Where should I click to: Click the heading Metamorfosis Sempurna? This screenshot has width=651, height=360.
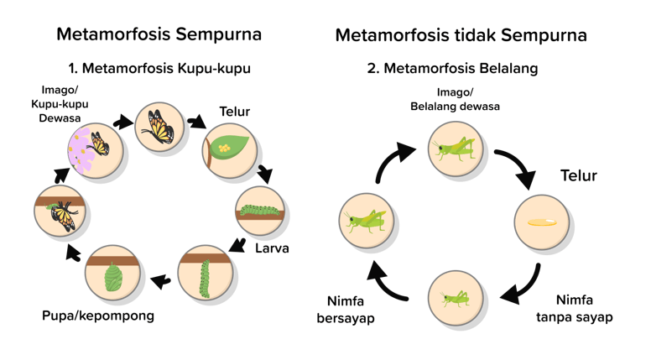click(159, 34)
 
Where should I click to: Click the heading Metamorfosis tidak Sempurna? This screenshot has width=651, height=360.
click(461, 35)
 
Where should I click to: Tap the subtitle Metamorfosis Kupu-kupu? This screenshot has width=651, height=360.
click(159, 68)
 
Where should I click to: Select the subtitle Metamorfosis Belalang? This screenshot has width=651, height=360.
click(452, 68)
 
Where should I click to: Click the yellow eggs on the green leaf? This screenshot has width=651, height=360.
click(224, 147)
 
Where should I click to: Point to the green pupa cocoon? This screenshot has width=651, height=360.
click(112, 276)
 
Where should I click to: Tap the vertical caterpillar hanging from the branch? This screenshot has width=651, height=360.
click(204, 277)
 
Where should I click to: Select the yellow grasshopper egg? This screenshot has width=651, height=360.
click(541, 222)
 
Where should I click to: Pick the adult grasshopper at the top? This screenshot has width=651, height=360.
click(456, 149)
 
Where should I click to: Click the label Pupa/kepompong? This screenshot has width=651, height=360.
click(98, 316)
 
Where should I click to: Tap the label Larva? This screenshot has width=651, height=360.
click(272, 248)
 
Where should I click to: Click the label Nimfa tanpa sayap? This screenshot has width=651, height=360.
click(575, 308)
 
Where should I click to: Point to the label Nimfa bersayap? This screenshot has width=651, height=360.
click(346, 310)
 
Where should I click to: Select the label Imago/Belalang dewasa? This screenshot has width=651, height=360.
click(455, 99)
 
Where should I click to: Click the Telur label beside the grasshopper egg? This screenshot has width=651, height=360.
click(579, 175)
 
